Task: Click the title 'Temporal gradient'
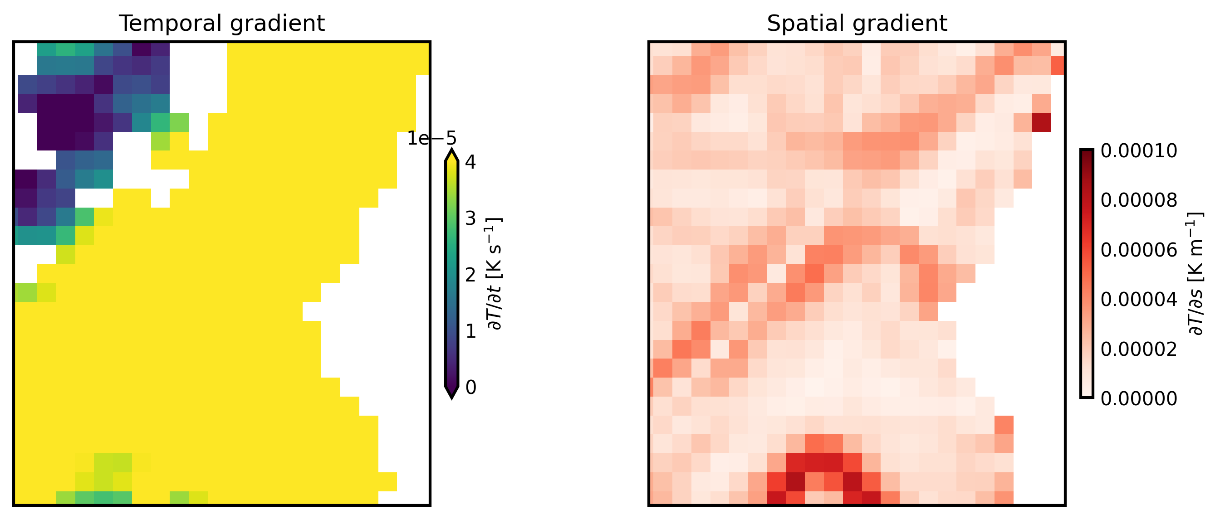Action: [222, 23]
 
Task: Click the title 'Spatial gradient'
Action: [857, 23]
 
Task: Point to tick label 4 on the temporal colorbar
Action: [470, 162]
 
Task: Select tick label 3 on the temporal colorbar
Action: [470, 218]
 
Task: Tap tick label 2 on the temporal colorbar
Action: [470, 275]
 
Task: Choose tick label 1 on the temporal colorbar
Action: [470, 331]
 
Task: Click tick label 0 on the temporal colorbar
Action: [470, 388]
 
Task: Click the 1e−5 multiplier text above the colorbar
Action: [431, 139]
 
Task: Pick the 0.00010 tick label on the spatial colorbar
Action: [1138, 151]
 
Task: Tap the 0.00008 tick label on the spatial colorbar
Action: [1138, 201]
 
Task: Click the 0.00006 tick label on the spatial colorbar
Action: [1138, 250]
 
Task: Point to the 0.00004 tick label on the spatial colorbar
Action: [1138, 300]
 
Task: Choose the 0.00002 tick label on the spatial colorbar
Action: [1138, 349]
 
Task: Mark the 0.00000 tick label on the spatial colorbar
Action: [1138, 399]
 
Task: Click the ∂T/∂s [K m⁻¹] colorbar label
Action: [1196, 274]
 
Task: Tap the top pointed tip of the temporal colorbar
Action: [452, 152]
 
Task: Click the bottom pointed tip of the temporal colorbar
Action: [452, 397]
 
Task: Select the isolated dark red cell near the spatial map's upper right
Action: [1041, 122]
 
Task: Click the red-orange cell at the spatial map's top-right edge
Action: [1058, 65]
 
